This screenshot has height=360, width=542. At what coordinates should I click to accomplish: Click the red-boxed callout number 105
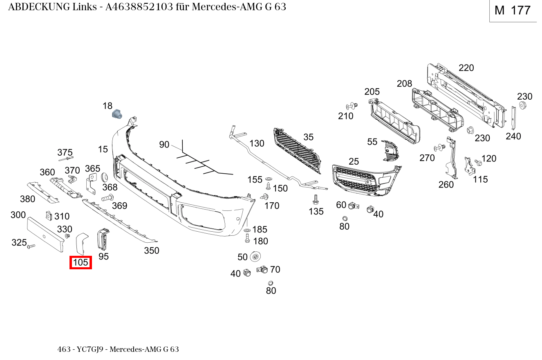click(x=81, y=262)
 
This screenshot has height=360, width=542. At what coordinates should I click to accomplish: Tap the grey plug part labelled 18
click(x=117, y=114)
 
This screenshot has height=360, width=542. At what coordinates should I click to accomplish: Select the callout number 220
click(x=466, y=67)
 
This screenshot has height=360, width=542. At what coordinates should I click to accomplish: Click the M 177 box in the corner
click(x=513, y=10)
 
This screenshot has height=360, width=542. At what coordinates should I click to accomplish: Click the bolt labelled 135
click(x=315, y=199)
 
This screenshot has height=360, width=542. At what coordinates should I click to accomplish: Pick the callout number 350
click(x=152, y=250)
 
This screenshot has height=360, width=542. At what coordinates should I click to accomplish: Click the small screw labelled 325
click(x=31, y=246)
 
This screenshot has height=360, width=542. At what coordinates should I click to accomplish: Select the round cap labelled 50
click(x=255, y=257)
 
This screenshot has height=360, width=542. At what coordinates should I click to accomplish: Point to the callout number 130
click(x=257, y=143)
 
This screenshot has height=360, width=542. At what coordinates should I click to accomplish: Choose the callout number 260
click(x=446, y=184)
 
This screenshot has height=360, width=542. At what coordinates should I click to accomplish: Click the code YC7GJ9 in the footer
click(x=90, y=349)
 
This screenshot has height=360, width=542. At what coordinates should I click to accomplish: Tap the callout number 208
click(x=404, y=84)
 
